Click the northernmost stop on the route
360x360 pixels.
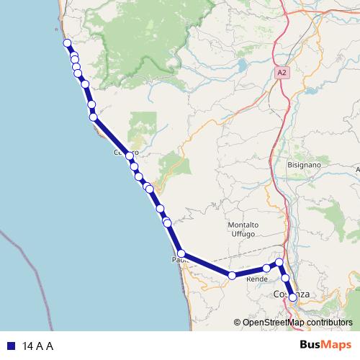pos(67,43)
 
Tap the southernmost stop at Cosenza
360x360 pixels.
pos(292,297)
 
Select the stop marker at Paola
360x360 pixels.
pos(182,253)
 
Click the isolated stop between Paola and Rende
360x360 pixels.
pos(232,275)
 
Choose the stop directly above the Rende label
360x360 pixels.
pos(266,268)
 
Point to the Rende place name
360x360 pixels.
pos(257,279)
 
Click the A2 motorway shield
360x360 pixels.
pos(282,73)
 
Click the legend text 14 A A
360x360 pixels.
pos(38,346)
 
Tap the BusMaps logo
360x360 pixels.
pos(325,346)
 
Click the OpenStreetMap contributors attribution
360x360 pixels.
pos(297,323)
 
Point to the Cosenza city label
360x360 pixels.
pos(292,294)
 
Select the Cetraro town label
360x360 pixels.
pos(125,153)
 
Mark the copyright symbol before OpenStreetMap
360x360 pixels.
pos(238,323)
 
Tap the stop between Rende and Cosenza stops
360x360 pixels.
pos(285,277)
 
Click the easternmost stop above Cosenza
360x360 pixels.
pos(280,263)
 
